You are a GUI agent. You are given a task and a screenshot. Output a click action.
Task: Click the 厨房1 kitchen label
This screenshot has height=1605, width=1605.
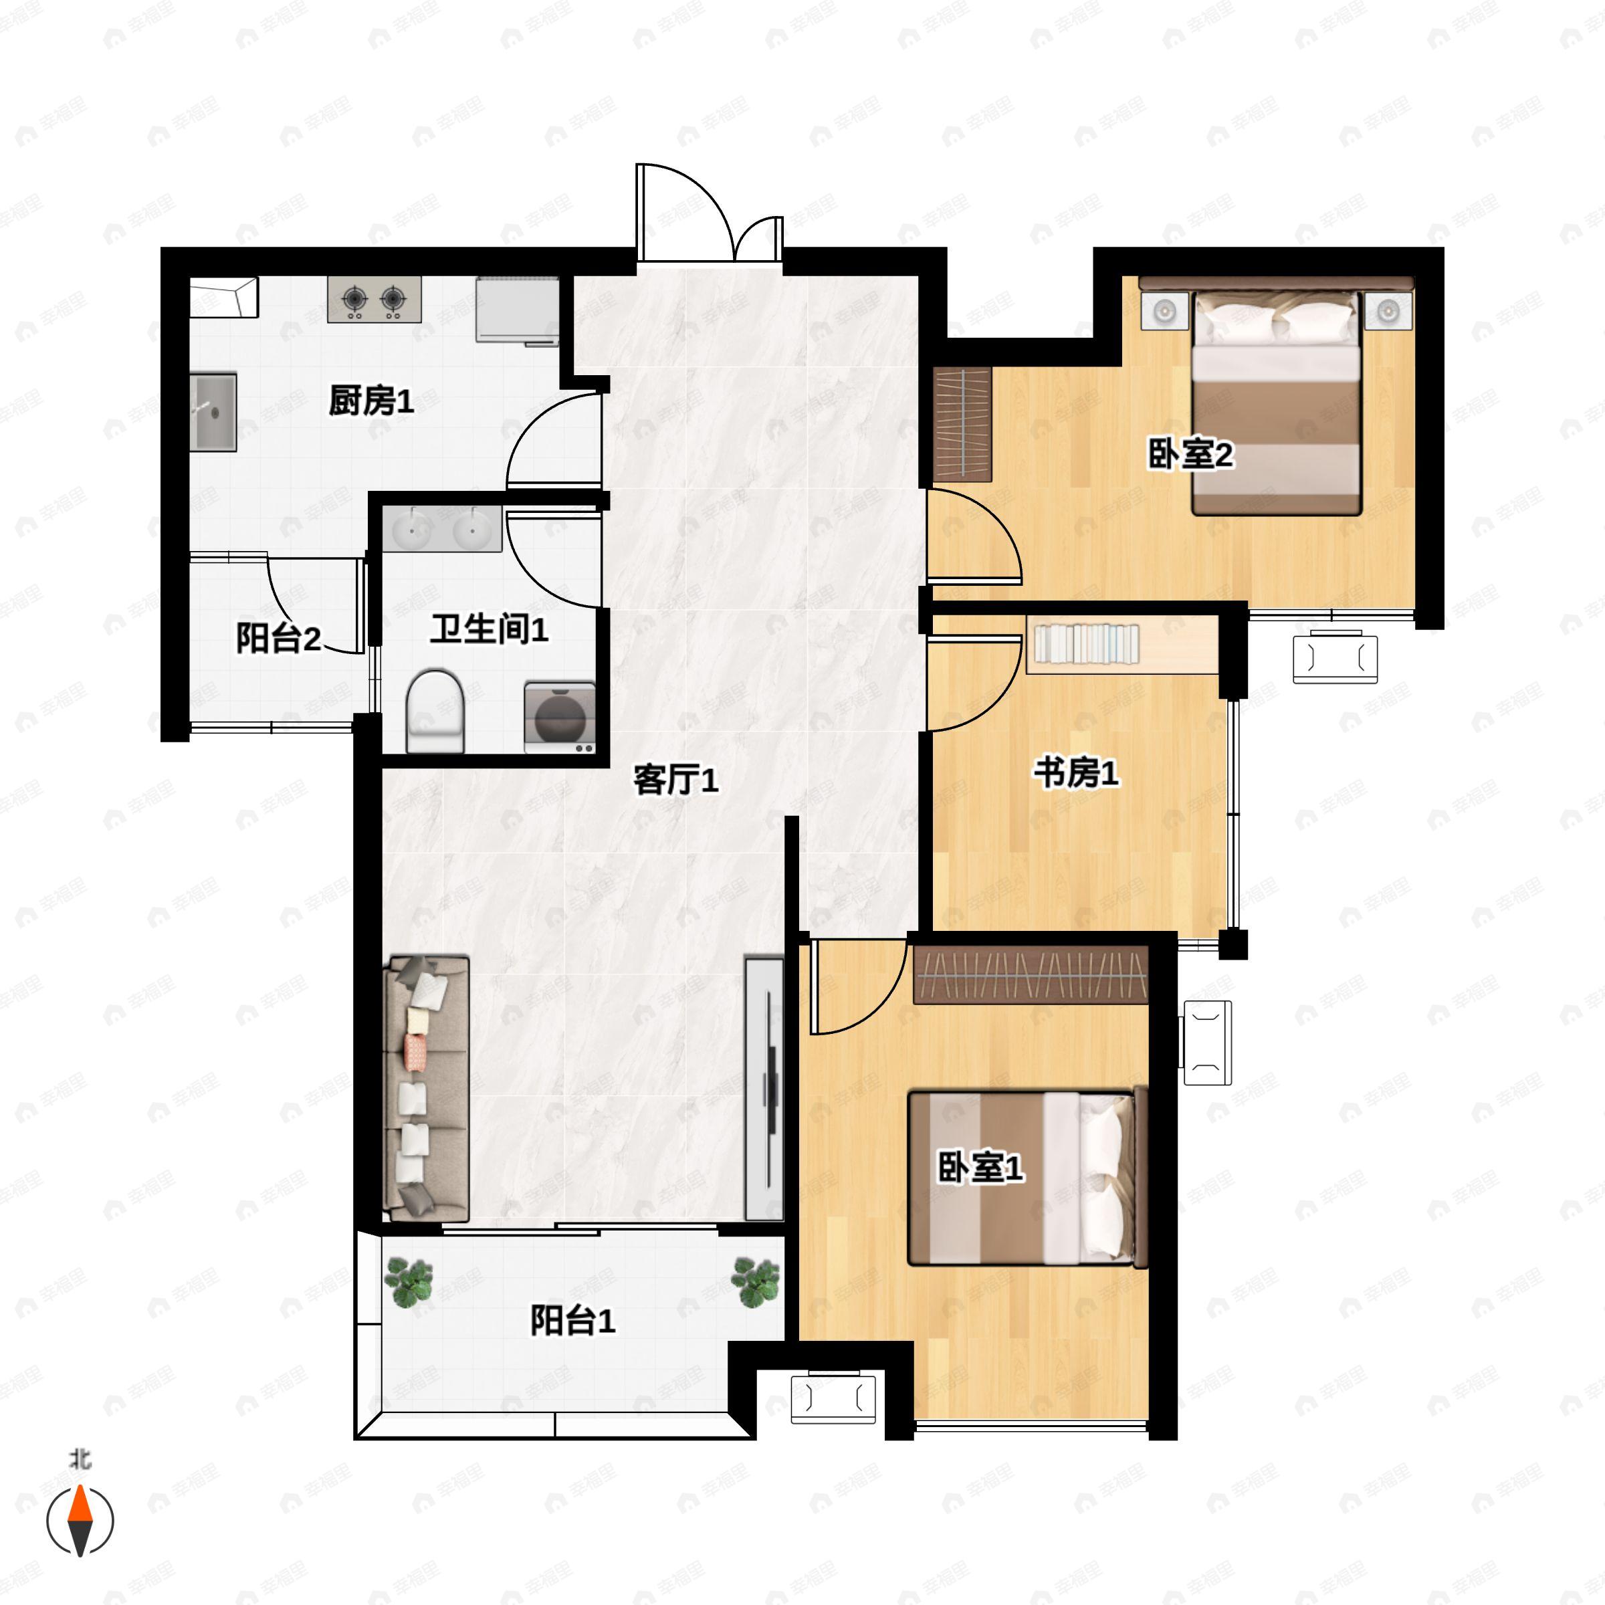[x=370, y=401]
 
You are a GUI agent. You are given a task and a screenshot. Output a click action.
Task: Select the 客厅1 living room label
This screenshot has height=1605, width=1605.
[x=675, y=780]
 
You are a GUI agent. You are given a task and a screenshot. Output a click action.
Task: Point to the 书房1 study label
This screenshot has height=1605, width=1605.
[x=1076, y=772]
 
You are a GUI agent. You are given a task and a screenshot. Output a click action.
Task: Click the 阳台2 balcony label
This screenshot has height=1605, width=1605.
[x=278, y=638]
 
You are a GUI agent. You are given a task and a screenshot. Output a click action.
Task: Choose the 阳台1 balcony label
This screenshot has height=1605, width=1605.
[x=572, y=1321]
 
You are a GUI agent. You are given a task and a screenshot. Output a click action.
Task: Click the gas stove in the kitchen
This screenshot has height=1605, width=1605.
[x=374, y=299]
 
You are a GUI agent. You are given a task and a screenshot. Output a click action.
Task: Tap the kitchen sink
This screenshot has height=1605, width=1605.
[x=213, y=412]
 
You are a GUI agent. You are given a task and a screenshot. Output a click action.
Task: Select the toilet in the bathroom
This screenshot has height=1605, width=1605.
[x=435, y=711]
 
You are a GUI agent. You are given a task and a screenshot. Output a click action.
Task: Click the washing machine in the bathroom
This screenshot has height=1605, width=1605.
[x=560, y=718]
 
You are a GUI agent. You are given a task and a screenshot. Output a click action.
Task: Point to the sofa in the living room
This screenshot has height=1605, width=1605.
[x=426, y=1088]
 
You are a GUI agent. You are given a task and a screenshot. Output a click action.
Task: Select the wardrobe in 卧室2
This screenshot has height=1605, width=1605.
[x=963, y=425]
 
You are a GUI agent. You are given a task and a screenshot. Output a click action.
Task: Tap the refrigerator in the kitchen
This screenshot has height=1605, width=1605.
[x=518, y=309]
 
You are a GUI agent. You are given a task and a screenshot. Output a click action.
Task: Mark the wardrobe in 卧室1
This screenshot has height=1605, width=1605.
[x=1031, y=974]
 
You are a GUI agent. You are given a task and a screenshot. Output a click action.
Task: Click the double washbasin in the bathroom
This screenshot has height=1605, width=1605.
[x=443, y=528]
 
